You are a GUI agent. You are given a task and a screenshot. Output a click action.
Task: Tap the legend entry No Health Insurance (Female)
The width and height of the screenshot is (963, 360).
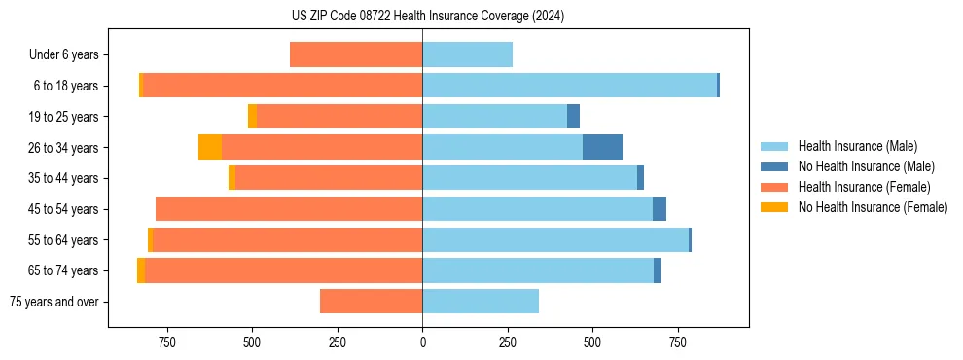pyautogui.click(x=872, y=207)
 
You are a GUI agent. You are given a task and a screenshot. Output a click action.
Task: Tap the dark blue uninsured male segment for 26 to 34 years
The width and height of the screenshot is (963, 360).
pyautogui.click(x=602, y=147)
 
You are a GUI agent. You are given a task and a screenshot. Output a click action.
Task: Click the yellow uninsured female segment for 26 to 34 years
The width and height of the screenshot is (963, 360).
pyautogui.click(x=210, y=147)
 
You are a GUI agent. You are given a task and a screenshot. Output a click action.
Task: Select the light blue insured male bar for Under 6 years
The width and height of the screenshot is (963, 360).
pyautogui.click(x=467, y=55)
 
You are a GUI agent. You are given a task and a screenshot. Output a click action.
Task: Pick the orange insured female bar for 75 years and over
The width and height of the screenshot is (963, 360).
pyautogui.click(x=371, y=302)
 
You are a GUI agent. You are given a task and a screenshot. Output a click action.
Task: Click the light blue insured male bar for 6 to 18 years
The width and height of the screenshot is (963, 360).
pyautogui.click(x=569, y=86)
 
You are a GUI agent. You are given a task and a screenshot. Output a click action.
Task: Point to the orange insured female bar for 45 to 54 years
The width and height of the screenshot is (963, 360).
pyautogui.click(x=289, y=209)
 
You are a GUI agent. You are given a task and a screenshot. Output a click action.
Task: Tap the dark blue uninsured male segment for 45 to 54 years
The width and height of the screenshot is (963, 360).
pyautogui.click(x=660, y=209)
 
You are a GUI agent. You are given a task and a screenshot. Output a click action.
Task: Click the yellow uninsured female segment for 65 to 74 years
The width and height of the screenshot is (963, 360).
pyautogui.click(x=141, y=270)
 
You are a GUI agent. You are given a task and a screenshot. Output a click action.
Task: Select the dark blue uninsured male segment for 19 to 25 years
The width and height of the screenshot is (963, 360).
pyautogui.click(x=573, y=117)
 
